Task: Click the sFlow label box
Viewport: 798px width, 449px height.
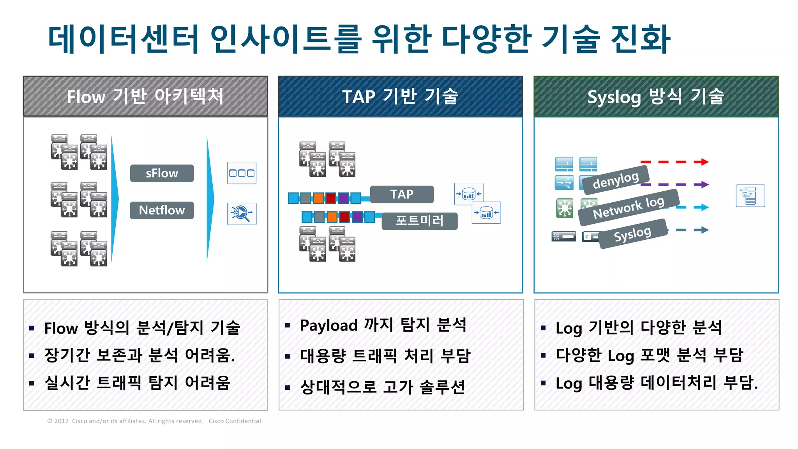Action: click(162, 173)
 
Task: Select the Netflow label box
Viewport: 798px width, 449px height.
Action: click(162, 210)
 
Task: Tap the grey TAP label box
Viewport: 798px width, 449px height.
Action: click(402, 194)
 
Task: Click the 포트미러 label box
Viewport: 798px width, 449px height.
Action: click(420, 221)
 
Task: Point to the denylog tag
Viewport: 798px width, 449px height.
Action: click(616, 180)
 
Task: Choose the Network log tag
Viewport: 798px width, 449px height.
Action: click(629, 208)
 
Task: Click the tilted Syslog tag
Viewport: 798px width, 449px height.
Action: click(632, 234)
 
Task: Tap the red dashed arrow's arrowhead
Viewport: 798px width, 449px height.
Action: click(704, 162)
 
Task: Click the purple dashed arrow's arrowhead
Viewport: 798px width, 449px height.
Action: click(704, 184)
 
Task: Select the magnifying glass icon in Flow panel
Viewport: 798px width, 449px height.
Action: click(242, 214)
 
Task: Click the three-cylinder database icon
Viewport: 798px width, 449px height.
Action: click(242, 173)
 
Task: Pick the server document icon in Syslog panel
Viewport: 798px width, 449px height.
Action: click(750, 196)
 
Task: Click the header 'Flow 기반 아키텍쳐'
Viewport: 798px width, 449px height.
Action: click(145, 96)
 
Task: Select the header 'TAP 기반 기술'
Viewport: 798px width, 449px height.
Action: click(400, 96)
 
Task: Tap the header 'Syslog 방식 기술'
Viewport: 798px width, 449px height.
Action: click(656, 96)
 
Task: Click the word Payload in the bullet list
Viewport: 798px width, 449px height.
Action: click(329, 325)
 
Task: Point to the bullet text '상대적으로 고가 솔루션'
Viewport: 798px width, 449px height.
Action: click(383, 387)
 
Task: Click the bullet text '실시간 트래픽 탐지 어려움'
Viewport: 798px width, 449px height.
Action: click(138, 383)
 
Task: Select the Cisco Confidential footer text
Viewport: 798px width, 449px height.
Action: click(235, 421)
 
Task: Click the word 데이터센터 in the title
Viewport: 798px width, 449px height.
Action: click(124, 39)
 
